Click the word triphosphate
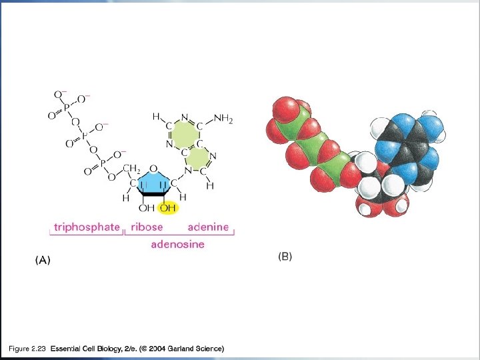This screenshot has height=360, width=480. click(87, 227)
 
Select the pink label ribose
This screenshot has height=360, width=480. click(146, 227)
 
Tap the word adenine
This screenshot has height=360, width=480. click(207, 227)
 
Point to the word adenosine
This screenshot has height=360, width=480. click(177, 244)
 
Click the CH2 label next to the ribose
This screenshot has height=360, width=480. click(131, 168)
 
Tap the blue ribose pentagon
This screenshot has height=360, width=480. click(153, 183)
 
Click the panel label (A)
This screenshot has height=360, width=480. click(43, 261)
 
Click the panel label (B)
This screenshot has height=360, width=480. click(285, 257)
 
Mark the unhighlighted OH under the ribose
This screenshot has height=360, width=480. click(145, 209)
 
